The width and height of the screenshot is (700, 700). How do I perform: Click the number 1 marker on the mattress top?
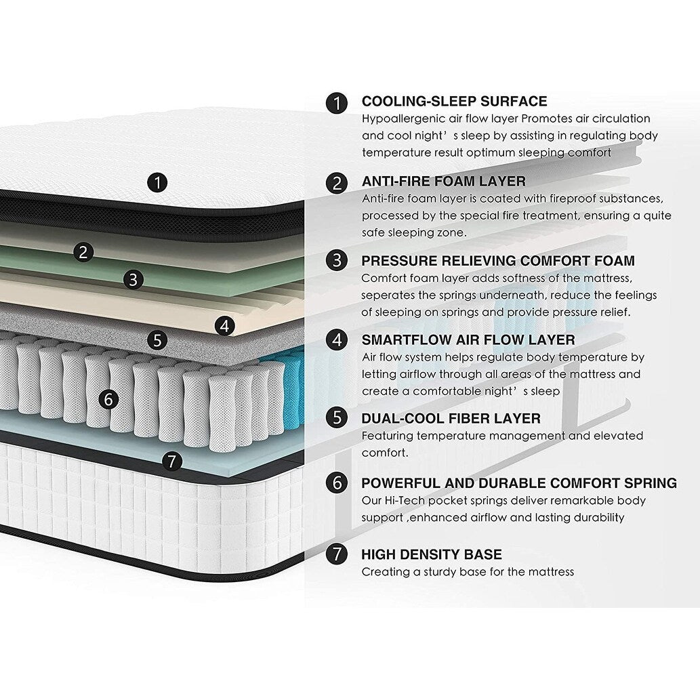click(x=158, y=182)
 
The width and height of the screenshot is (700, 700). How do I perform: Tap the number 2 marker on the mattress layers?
click(x=83, y=253)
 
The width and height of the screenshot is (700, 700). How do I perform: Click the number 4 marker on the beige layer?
click(x=225, y=325)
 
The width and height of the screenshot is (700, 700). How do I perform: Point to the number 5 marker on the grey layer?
click(x=157, y=339)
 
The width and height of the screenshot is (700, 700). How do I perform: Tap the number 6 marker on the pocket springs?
click(x=108, y=399)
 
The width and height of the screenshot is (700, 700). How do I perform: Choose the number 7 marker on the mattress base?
click(x=173, y=462)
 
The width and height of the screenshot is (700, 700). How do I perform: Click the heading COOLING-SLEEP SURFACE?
click(x=454, y=102)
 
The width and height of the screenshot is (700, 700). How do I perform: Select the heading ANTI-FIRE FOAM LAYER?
click(x=443, y=181)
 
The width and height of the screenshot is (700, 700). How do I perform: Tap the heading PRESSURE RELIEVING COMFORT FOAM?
click(x=498, y=260)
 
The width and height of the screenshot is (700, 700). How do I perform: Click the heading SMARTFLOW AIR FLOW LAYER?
click(x=468, y=339)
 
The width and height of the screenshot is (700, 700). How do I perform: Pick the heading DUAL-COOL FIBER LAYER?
click(x=451, y=418)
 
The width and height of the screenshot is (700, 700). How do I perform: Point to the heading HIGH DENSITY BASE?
click(x=432, y=554)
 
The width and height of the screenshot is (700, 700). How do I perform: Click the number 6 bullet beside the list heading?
click(x=337, y=483)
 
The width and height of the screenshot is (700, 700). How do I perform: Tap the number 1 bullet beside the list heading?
click(x=337, y=103)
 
